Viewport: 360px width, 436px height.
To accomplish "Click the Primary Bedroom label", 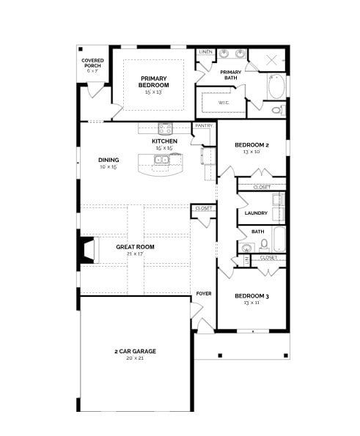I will pos(154,81).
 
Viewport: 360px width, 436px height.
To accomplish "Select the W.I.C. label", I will pos(224,103).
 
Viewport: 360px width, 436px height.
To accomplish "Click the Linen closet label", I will pos(206,53).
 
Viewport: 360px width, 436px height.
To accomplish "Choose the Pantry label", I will pos(204,125).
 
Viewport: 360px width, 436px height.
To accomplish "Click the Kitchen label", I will pos(164,141).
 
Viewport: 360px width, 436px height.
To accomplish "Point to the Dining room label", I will pos(109,159).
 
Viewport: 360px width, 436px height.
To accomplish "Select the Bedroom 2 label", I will pos(251,145).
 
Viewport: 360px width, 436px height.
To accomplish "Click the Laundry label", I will pos(256,213).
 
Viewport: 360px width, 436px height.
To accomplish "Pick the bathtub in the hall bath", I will pos(279,238).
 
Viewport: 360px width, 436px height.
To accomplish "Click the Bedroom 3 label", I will pos(251,296).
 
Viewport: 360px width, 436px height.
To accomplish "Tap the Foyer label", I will pos(204,293).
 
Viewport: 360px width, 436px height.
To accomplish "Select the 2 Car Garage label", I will pos(135,351).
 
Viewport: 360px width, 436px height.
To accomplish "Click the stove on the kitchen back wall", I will pos(164,128).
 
